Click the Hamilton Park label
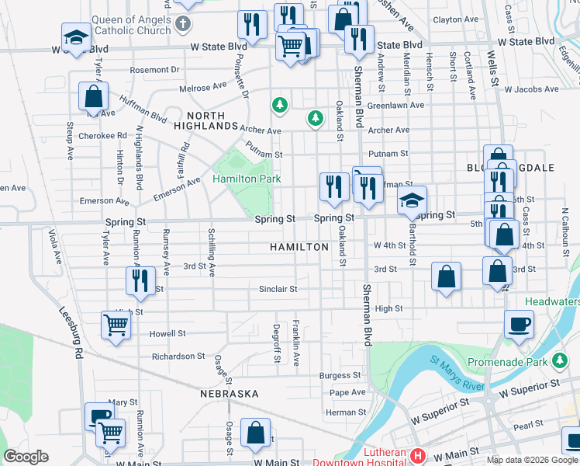pyautogui.click(x=247, y=179)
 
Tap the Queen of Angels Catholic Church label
pyautogui.click(x=131, y=25)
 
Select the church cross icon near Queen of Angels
pyautogui.click(x=183, y=23)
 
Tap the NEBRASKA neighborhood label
pyautogui.click(x=229, y=394)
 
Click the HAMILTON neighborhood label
pyautogui.click(x=299, y=246)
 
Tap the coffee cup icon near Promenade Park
pyautogui.click(x=519, y=323)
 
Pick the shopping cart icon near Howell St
pyautogui.click(x=116, y=325)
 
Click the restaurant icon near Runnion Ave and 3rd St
pyautogui.click(x=140, y=280)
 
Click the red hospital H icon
pyautogui.click(x=418, y=456)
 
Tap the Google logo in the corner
pyautogui.click(x=26, y=457)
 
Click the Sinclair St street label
pyautogui.click(x=278, y=289)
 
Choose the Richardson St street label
pyautogui.click(x=178, y=356)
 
